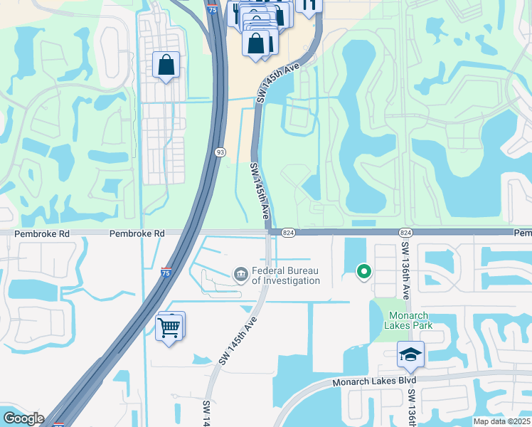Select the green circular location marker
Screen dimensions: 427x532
coord(363,271)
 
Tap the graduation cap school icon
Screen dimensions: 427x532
coord(410,354)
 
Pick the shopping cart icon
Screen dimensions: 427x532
coord(169,328)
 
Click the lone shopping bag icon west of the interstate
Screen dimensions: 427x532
coord(166,65)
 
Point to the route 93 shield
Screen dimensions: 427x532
coord(221,152)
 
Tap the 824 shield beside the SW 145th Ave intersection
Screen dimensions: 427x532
coord(287,233)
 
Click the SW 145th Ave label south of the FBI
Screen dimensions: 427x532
coord(237,342)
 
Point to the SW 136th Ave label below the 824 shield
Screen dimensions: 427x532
coord(406,267)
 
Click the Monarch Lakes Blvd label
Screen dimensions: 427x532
coord(373,383)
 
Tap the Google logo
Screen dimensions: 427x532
coord(23,418)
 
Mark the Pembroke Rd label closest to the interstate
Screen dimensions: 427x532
coord(137,233)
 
